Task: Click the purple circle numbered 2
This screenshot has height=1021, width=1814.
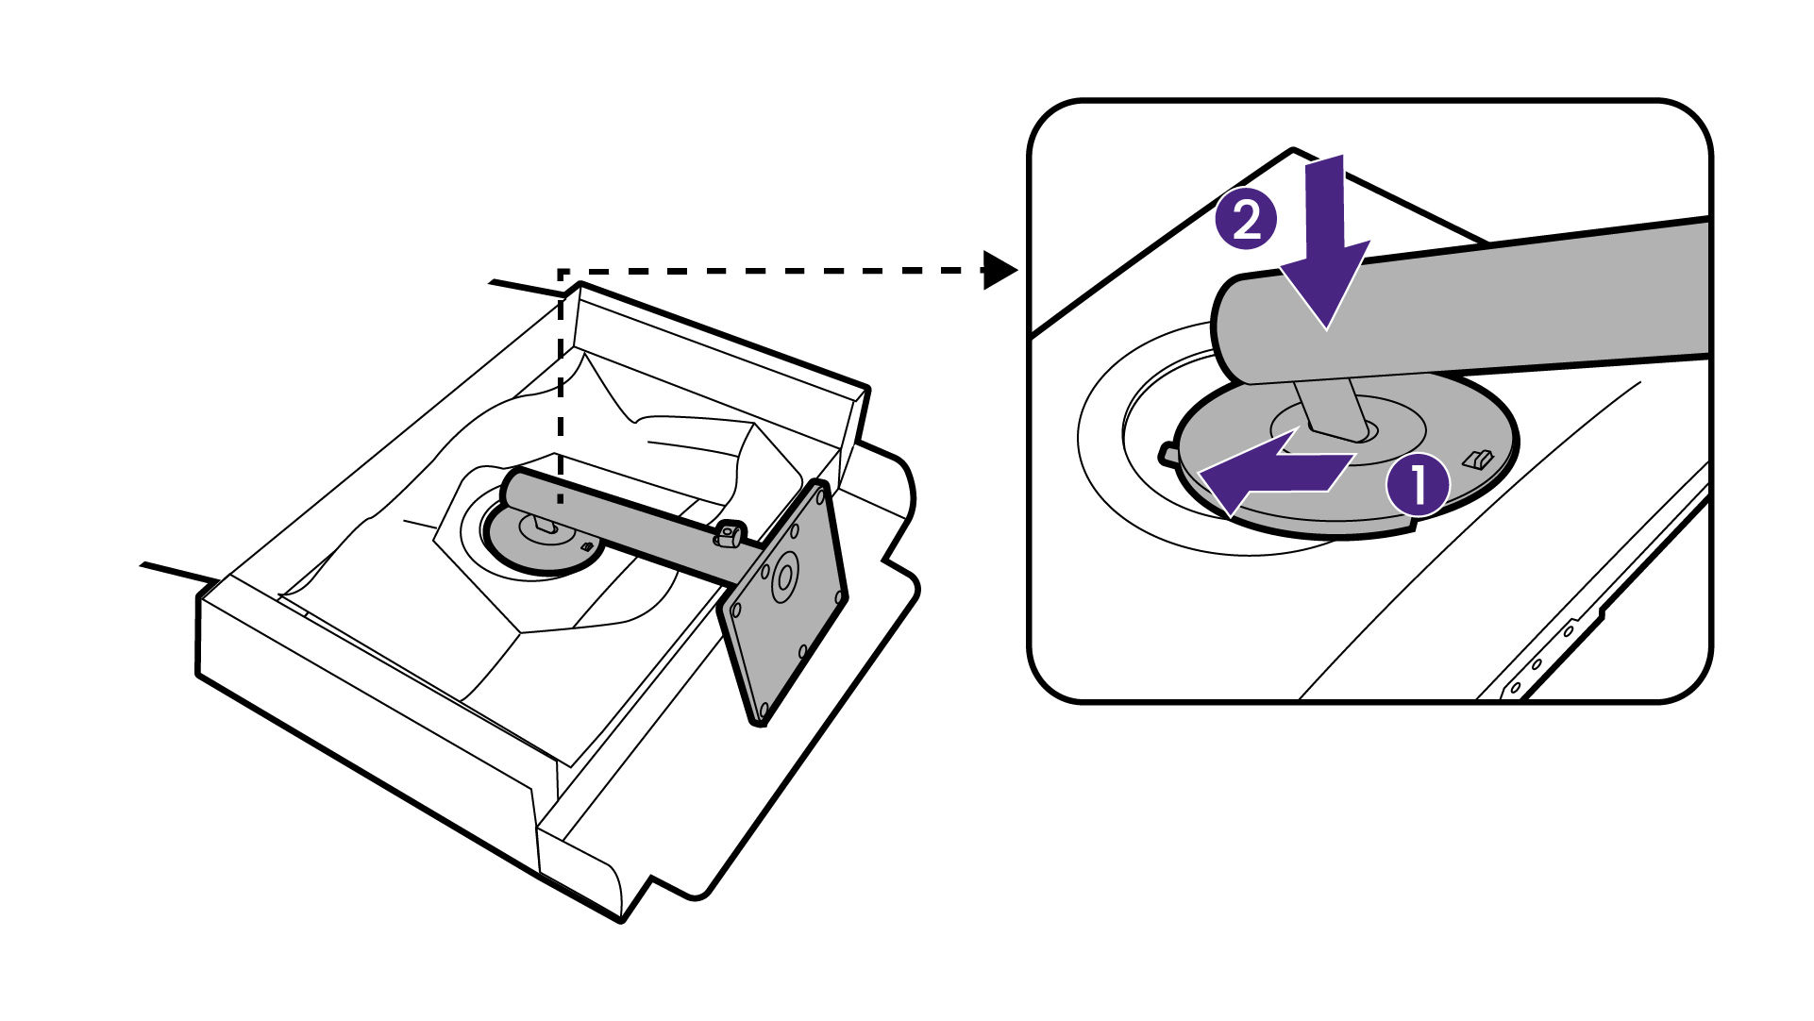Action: [x=1246, y=221]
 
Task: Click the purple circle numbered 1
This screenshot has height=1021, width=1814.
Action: [x=1417, y=485]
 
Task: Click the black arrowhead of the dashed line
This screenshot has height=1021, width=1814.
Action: [x=999, y=271]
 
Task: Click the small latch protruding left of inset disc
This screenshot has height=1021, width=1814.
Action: [x=1168, y=454]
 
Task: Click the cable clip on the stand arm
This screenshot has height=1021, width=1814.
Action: [x=728, y=534]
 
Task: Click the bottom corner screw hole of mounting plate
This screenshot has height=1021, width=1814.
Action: [x=764, y=704]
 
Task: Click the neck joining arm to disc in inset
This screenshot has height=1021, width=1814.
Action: [x=1331, y=407]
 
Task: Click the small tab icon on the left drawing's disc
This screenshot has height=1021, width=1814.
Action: [x=586, y=546]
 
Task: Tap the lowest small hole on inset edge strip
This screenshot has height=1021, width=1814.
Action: [x=1516, y=687]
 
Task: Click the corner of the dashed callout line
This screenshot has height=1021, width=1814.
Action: [x=562, y=273]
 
